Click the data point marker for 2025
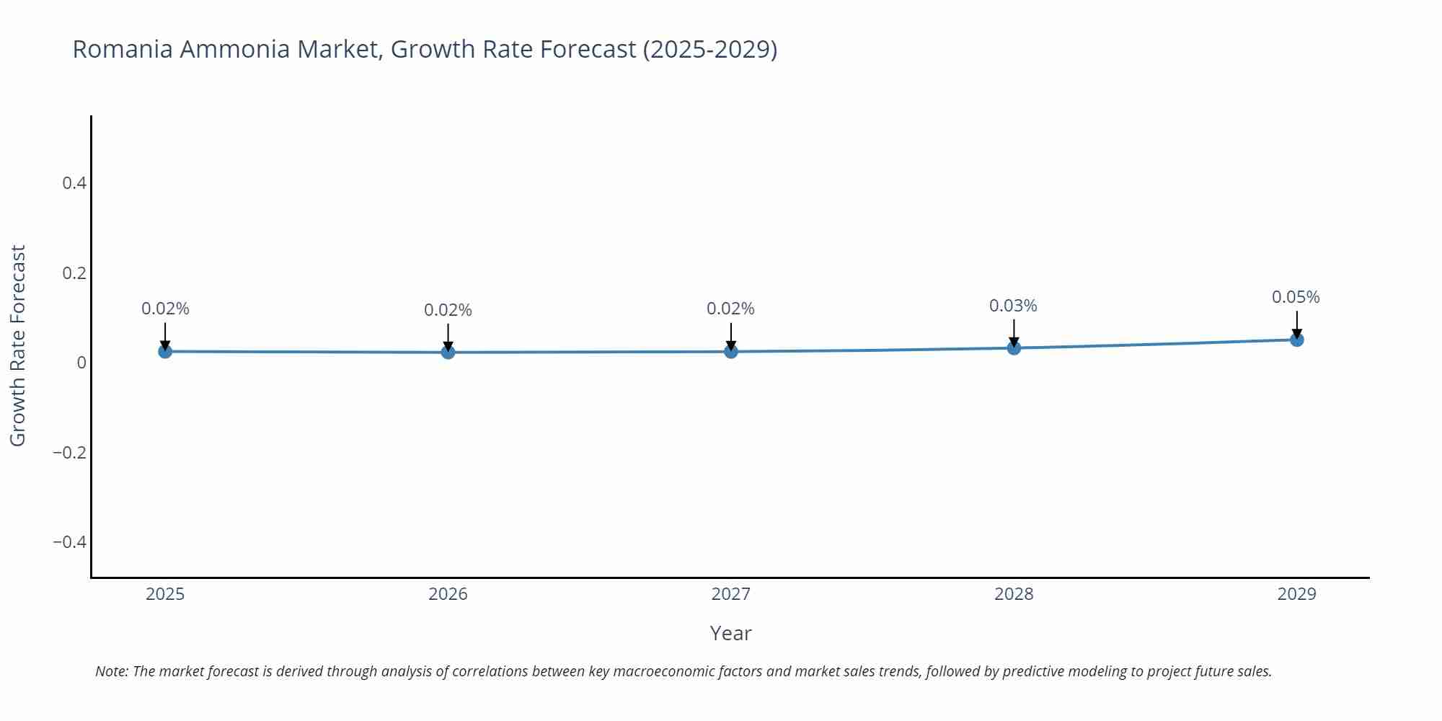165,351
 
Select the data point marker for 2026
448,352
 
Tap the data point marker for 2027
731,351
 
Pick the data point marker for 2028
1014,348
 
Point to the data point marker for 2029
1296,339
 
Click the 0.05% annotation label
1296,297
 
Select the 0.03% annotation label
1013,306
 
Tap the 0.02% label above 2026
448,310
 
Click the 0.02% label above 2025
165,309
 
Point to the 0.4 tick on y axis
74,183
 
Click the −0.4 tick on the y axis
69,541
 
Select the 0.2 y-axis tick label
74,273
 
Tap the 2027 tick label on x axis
731,594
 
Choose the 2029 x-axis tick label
1296,594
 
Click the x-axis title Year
730,633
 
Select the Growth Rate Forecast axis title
18,345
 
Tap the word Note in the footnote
111,671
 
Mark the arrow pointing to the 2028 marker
1014,333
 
